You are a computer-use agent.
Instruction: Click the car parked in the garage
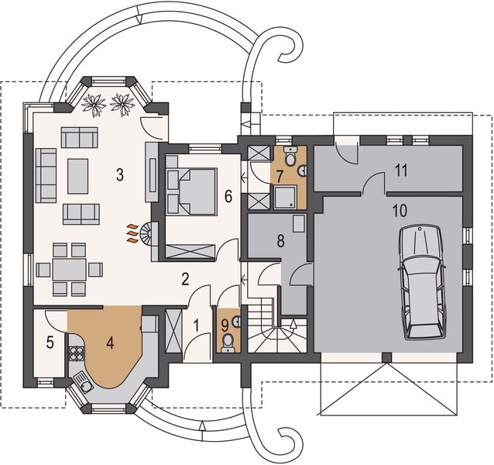pyautogui.click(x=421, y=282)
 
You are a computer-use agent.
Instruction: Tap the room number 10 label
pyautogui.click(x=400, y=211)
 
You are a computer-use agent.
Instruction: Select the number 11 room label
pyautogui.click(x=401, y=170)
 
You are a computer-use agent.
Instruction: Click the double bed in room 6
pyautogui.click(x=192, y=191)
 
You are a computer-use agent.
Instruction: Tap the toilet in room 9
pyautogui.click(x=227, y=339)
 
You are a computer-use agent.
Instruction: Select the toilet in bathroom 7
pyautogui.click(x=290, y=159)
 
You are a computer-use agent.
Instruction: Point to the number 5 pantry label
pyautogui.click(x=50, y=342)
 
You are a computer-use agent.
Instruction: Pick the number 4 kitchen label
pyautogui.click(x=111, y=340)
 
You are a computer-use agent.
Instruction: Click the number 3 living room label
pyautogui.click(x=120, y=174)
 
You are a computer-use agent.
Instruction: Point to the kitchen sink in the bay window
pyautogui.click(x=86, y=383)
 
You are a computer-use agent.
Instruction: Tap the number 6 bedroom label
pyautogui.click(x=227, y=196)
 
